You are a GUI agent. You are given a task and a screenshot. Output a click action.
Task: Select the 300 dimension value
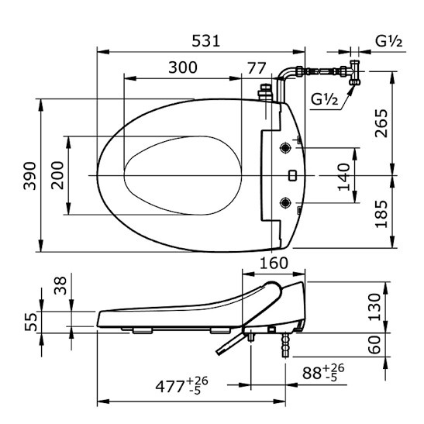click(181, 67)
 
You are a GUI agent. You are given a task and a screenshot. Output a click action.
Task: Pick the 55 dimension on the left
click(29, 321)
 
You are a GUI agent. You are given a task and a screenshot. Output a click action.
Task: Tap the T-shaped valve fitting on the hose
click(357, 73)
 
